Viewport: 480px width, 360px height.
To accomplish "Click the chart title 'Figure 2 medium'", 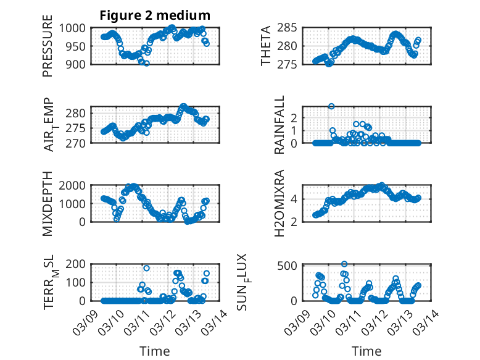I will tap(155, 15).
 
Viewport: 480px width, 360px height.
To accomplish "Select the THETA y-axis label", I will tap(266, 46).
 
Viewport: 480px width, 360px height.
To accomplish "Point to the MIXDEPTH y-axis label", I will tap(48, 203).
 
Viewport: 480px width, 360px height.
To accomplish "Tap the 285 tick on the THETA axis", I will tap(291, 28).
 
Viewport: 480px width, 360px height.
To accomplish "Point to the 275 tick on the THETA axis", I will tap(291, 64).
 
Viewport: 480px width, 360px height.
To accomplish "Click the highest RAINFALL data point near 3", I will tap(331, 106).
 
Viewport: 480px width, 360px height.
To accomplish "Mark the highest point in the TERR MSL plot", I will tap(146, 268).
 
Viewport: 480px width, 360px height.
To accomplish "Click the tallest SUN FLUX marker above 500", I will tap(344, 264).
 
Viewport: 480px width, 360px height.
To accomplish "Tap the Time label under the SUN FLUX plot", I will tap(366, 351).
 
